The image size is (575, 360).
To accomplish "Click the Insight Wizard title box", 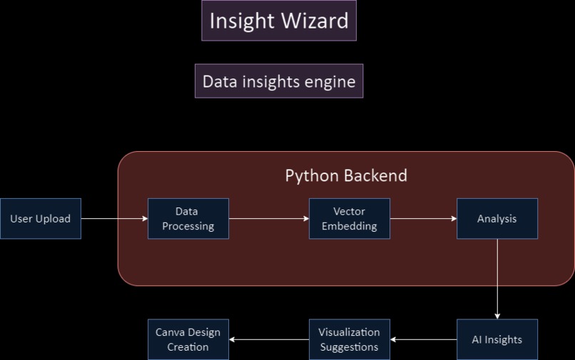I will [278, 21].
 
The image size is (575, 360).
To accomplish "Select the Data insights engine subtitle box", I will [279, 81].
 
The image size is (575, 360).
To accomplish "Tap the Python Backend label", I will [346, 175].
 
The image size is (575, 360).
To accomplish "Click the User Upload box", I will [41, 219].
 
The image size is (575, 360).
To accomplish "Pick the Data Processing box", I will [188, 219].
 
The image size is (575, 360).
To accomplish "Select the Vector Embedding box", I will [350, 219].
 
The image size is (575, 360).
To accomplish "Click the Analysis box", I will [497, 219].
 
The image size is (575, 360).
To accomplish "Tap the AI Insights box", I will [497, 339].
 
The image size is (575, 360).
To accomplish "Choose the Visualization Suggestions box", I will [350, 339].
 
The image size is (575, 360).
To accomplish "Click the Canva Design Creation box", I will [188, 339].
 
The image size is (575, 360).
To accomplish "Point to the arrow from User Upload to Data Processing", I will [114, 219].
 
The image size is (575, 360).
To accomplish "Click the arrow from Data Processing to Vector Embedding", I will [269, 219].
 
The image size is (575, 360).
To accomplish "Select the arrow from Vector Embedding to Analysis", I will [424, 219].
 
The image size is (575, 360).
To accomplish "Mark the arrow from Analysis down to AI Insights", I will [497, 279].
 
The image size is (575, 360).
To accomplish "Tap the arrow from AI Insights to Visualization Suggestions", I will [424, 339].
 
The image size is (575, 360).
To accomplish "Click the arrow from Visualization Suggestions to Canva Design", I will [269, 339].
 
